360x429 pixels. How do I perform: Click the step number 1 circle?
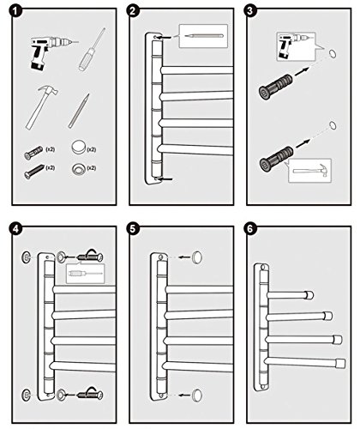pyautogui.click(x=15, y=11)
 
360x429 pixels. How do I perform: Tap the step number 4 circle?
pyautogui.click(x=15, y=229)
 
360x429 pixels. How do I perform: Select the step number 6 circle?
pyautogui.click(x=250, y=229)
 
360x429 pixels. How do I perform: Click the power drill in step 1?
pyautogui.click(x=50, y=51)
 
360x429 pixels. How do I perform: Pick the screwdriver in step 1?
pyautogui.click(x=92, y=50)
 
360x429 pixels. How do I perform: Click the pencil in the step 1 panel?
pyautogui.click(x=79, y=111)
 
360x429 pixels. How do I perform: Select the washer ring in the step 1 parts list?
pyautogui.click(x=78, y=169)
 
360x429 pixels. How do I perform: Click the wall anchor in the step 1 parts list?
pyautogui.click(x=33, y=153)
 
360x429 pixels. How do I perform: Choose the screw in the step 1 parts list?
pyautogui.click(x=34, y=171)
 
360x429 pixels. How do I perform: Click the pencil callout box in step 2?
pyautogui.click(x=203, y=36)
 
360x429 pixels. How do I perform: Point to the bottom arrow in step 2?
pyautogui.click(x=166, y=179)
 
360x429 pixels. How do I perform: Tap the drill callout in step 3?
pyautogui.click(x=297, y=46)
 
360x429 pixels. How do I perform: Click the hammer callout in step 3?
pyautogui.click(x=310, y=171)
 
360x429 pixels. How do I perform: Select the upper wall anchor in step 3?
pyautogui.click(x=276, y=87)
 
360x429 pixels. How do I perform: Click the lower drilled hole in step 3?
pyautogui.click(x=333, y=125)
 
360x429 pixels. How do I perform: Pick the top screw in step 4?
pyautogui.click(x=89, y=257)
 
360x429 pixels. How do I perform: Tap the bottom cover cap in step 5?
pyautogui.click(x=196, y=395)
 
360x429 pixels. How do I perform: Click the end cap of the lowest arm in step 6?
pyautogui.click(x=340, y=363)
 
